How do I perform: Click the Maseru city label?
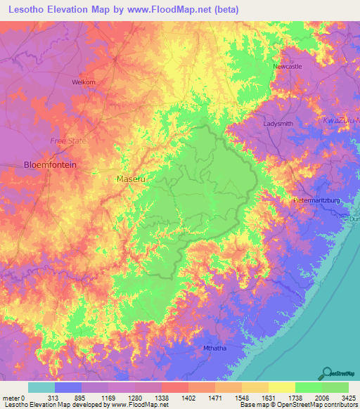[x=130, y=179]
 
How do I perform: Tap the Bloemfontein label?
[x=50, y=165]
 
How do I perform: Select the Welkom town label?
[x=83, y=82]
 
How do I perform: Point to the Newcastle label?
[x=287, y=66]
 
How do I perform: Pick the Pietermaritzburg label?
[x=316, y=200]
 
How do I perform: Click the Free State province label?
[x=68, y=141]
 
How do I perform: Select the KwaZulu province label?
[x=341, y=121]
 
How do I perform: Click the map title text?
[x=123, y=9]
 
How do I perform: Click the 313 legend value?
[x=53, y=397]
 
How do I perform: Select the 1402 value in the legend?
[x=188, y=397]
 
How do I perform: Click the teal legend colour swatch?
[x=41, y=387]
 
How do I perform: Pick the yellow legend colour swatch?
[x=281, y=387]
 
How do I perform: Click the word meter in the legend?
[x=12, y=397]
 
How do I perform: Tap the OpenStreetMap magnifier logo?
[x=326, y=374]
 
